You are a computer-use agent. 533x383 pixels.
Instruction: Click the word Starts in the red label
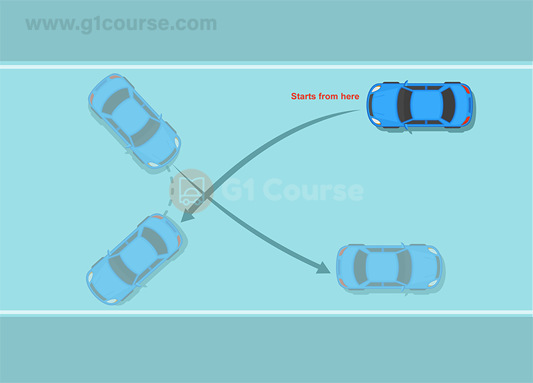304,97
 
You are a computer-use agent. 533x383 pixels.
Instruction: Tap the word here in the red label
350,97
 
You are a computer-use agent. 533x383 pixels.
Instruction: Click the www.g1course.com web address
121,24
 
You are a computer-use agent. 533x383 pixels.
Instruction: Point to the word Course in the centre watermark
313,190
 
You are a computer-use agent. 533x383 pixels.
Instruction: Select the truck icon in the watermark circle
191,191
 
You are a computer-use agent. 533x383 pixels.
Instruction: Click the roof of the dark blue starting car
426,105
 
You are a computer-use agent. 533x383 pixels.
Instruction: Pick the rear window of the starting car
448,105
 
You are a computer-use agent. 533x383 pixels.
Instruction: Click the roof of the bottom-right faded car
382,267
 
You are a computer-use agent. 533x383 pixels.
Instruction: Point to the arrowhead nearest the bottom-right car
323,268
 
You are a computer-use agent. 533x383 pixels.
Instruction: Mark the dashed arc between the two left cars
171,191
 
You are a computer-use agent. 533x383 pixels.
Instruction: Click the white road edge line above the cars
266,67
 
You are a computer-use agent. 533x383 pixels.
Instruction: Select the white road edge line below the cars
266,312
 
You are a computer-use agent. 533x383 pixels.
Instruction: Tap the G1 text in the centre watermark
239,190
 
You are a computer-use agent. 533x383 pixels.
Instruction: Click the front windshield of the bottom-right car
404,267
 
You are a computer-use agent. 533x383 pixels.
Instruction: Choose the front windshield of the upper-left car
147,133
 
